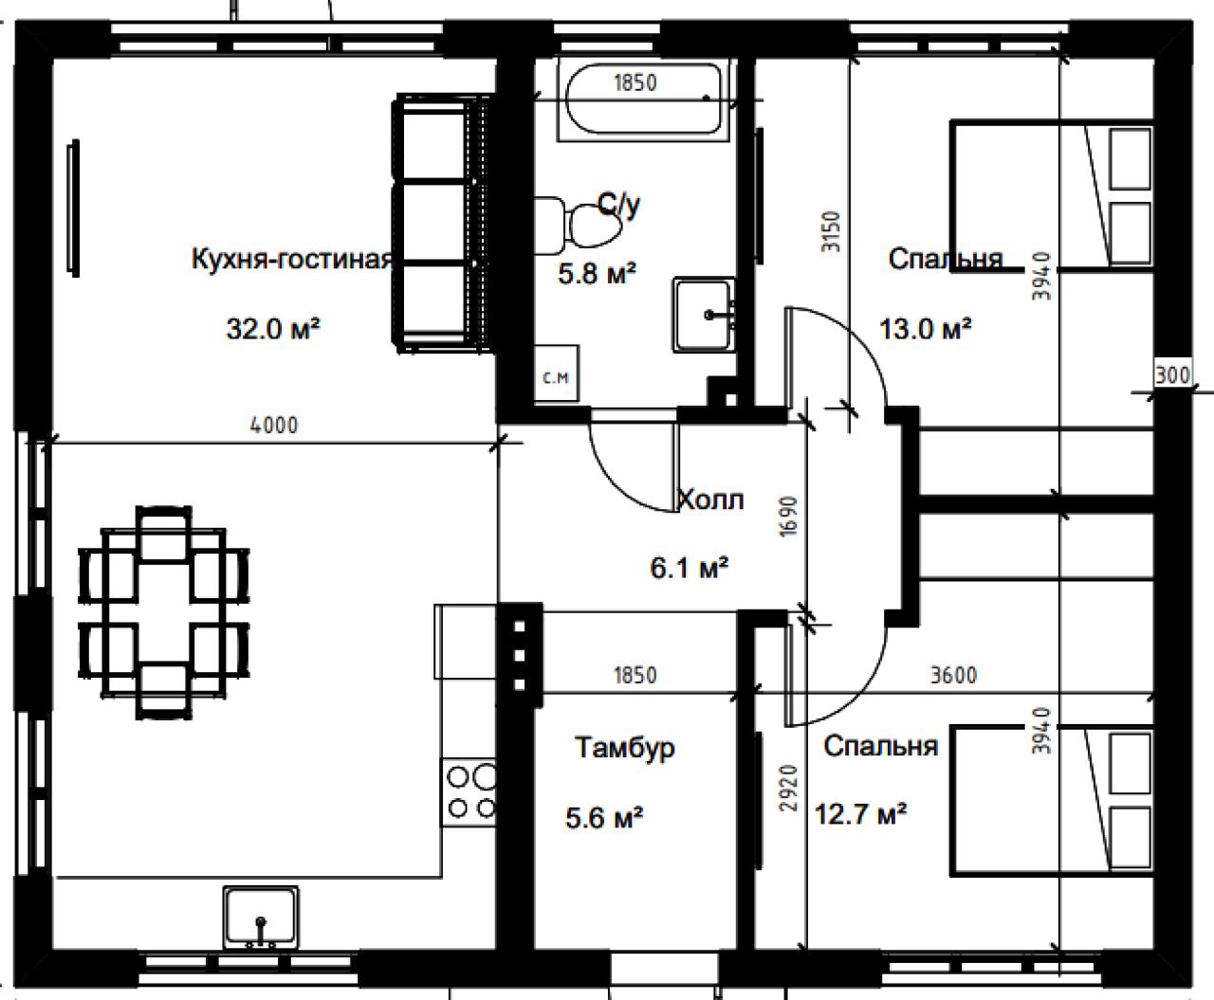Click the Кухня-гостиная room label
(x=293, y=259)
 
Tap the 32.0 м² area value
(x=273, y=330)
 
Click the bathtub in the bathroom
(x=642, y=99)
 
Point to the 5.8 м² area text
(x=598, y=274)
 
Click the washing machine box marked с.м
(x=557, y=373)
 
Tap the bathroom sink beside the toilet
(x=704, y=315)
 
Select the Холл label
(x=710, y=500)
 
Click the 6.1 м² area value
(x=689, y=569)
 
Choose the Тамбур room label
(x=625, y=748)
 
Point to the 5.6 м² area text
(x=604, y=818)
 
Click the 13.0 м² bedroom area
(x=925, y=329)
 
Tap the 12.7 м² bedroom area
(x=860, y=814)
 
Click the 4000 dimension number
(x=274, y=426)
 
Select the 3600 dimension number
(x=953, y=675)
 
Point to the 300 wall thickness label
(x=1172, y=375)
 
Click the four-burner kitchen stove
(x=469, y=792)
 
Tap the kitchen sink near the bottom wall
(x=261, y=918)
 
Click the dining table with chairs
(x=164, y=613)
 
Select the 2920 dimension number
(x=789, y=788)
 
